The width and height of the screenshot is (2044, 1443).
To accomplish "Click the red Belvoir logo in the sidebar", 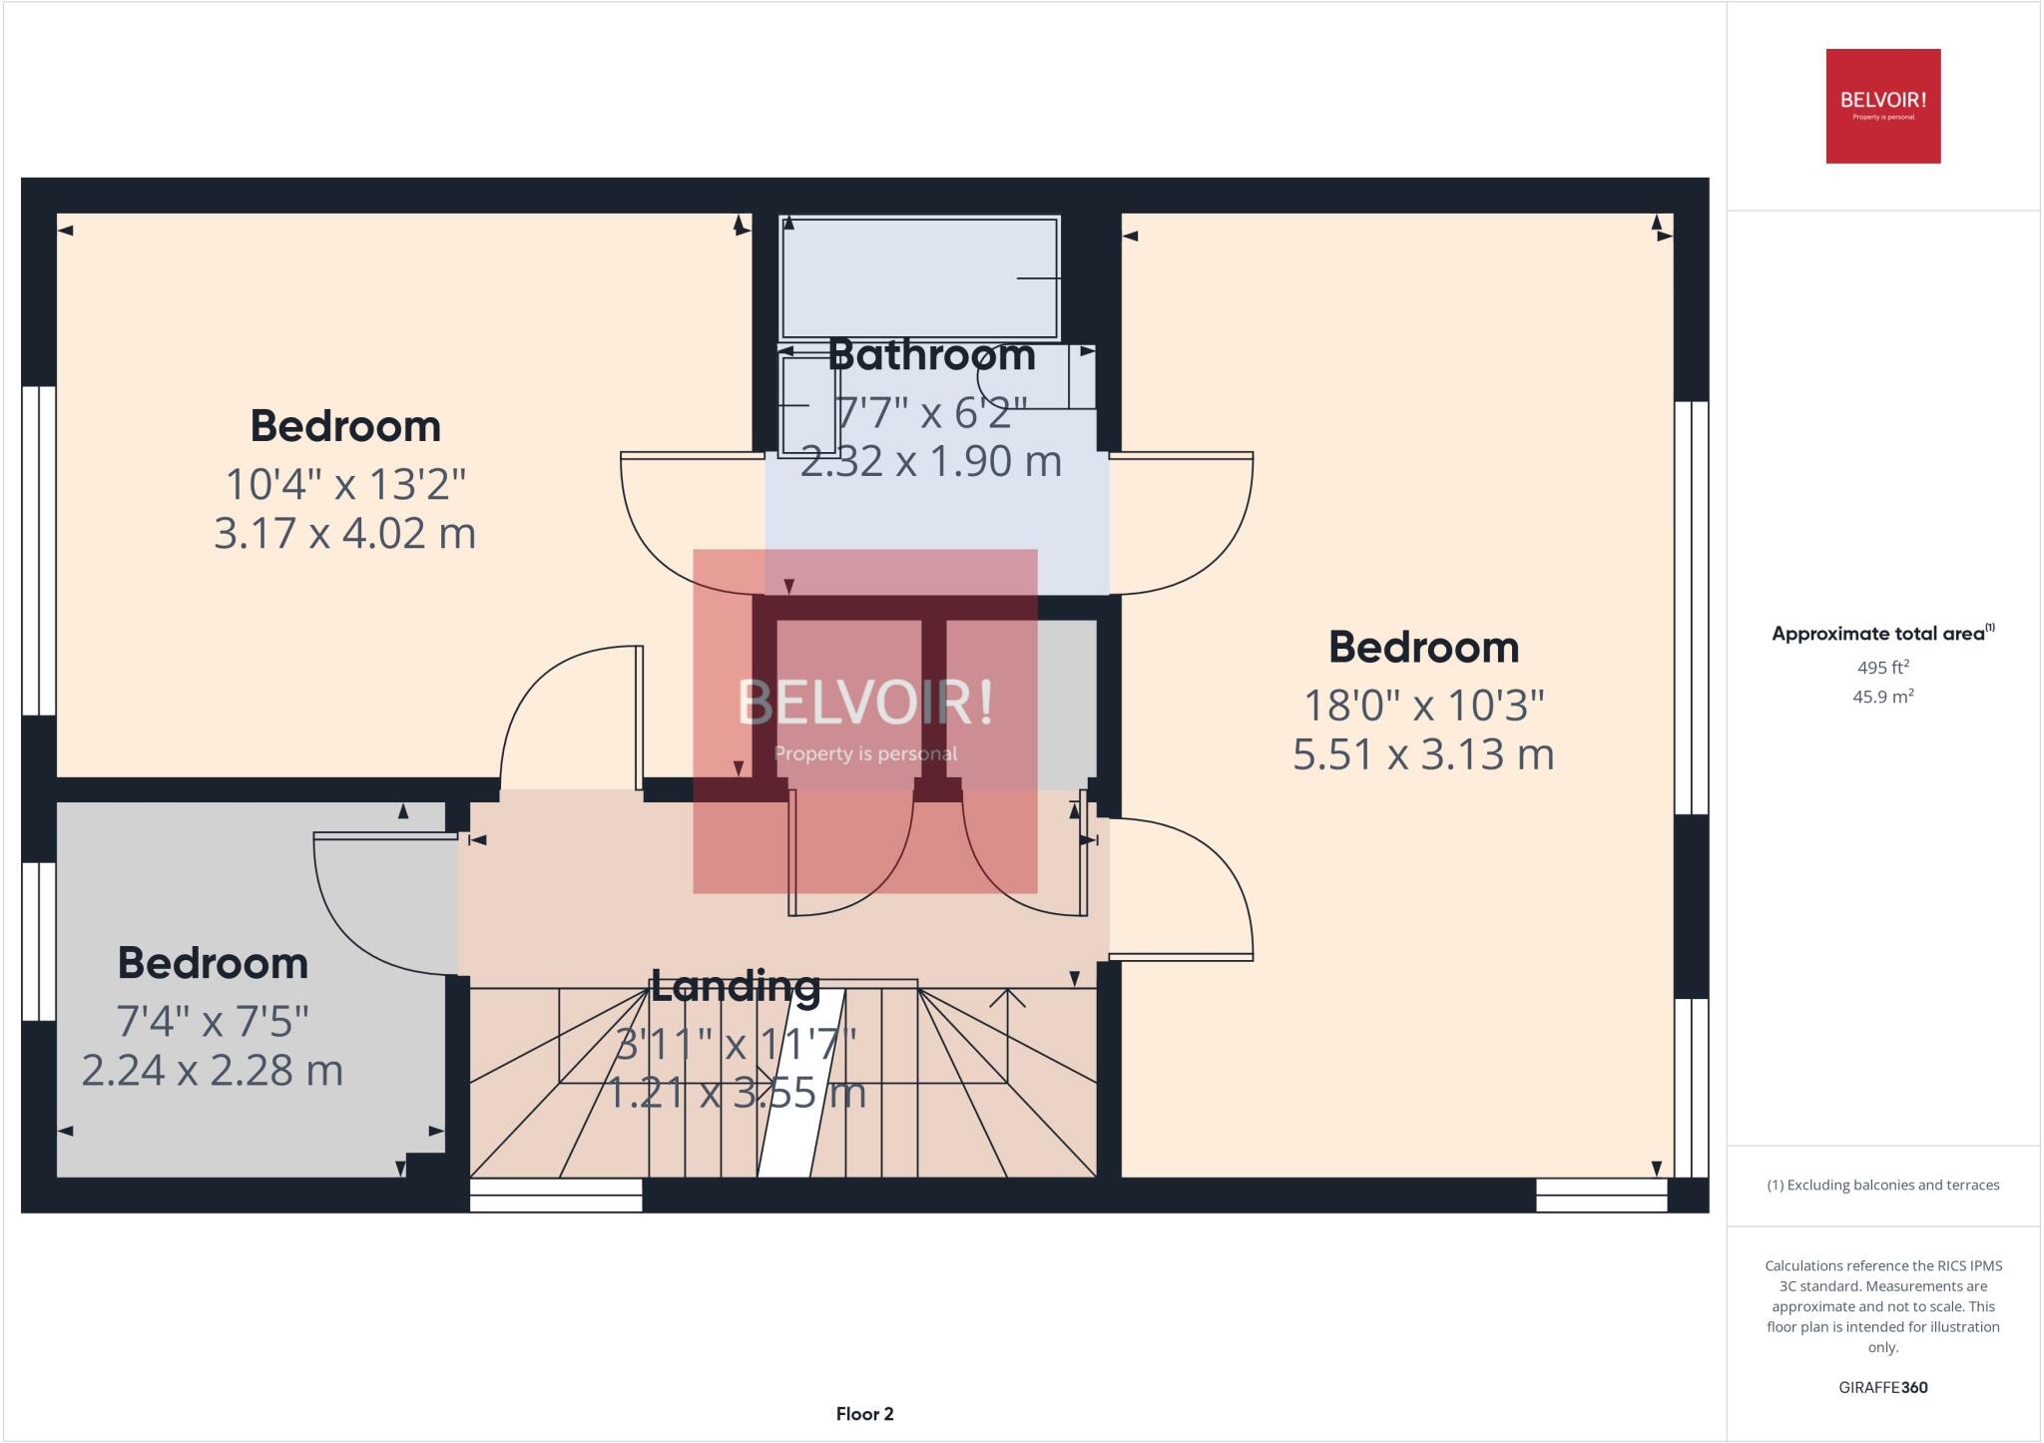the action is click(1883, 106).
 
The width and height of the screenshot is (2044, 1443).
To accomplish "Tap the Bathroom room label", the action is click(931, 355).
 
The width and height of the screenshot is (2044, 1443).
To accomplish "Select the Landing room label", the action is click(736, 986).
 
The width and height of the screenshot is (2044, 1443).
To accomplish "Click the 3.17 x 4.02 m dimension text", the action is click(344, 533).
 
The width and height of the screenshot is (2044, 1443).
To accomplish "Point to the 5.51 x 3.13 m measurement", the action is click(1424, 754).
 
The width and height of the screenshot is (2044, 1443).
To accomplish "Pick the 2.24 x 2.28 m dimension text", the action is click(213, 1071).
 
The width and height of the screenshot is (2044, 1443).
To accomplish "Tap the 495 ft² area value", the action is click(1881, 667).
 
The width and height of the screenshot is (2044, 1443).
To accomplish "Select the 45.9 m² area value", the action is click(1882, 697).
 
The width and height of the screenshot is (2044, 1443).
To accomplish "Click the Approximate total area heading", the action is click(1882, 633).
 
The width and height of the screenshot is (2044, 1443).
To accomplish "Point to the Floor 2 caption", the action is click(864, 1414).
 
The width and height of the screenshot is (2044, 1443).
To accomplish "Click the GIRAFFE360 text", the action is click(1882, 1387).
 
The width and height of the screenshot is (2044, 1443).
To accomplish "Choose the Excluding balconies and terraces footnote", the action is click(1882, 1186).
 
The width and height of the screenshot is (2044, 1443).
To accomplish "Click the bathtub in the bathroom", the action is click(919, 278).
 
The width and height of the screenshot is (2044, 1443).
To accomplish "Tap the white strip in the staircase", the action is click(801, 1084).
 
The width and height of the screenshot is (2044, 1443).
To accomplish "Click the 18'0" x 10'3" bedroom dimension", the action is click(1424, 706).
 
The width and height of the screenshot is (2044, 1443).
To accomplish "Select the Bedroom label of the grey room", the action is click(213, 963).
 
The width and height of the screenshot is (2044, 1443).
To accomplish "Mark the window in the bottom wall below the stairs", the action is click(556, 1196).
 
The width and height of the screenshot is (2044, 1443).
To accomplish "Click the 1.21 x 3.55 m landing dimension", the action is click(737, 1094).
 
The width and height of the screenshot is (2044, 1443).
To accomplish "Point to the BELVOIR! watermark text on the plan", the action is click(865, 703).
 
